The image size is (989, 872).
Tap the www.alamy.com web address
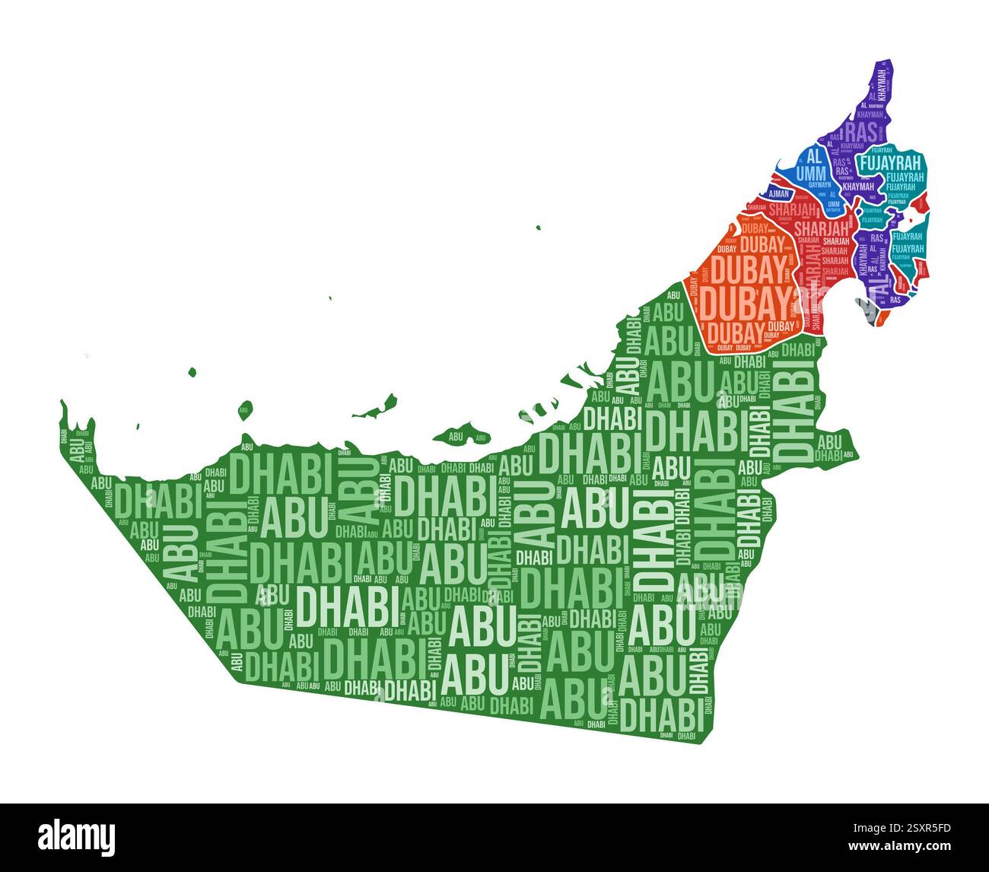pyautogui.click(x=921, y=845)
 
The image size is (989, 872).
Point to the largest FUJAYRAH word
pyautogui.click(x=889, y=162)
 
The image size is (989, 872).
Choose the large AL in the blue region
pyautogui.click(x=814, y=156)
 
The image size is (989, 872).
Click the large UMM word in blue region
pyautogui.click(x=814, y=172)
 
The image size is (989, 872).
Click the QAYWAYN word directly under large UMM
pyautogui.click(x=819, y=185)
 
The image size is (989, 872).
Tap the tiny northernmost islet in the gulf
pyautogui.click(x=538, y=227)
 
